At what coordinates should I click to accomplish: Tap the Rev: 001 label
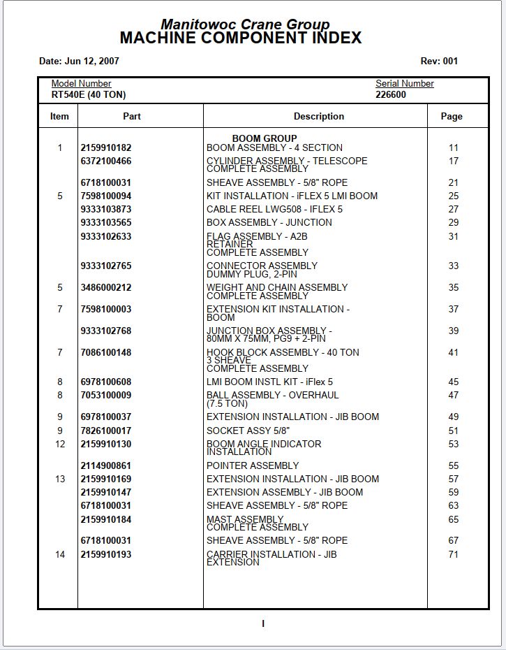(x=439, y=62)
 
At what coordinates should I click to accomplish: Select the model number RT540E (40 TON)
(x=89, y=95)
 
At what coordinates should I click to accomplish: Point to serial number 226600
(x=391, y=95)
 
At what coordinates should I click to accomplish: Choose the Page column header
(x=452, y=117)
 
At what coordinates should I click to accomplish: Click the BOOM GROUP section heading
(x=265, y=138)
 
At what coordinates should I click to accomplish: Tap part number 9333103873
(x=106, y=210)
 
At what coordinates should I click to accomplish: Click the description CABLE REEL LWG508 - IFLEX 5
(x=274, y=210)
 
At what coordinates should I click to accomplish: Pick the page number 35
(x=454, y=288)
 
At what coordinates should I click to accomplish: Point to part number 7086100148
(x=106, y=353)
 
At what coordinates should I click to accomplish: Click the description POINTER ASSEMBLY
(x=253, y=466)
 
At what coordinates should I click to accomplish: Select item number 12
(x=60, y=445)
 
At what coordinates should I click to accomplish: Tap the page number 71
(x=454, y=555)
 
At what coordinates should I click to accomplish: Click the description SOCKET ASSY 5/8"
(x=248, y=431)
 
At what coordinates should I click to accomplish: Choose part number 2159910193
(x=106, y=555)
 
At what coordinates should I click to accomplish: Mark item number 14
(x=60, y=555)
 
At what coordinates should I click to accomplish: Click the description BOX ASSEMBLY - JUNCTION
(x=269, y=223)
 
